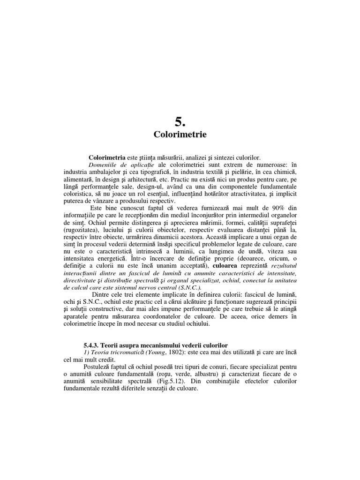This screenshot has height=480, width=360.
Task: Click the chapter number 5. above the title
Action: [180, 122]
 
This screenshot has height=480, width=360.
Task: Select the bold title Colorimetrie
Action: [180, 135]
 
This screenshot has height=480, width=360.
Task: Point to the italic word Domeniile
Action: [104, 165]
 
